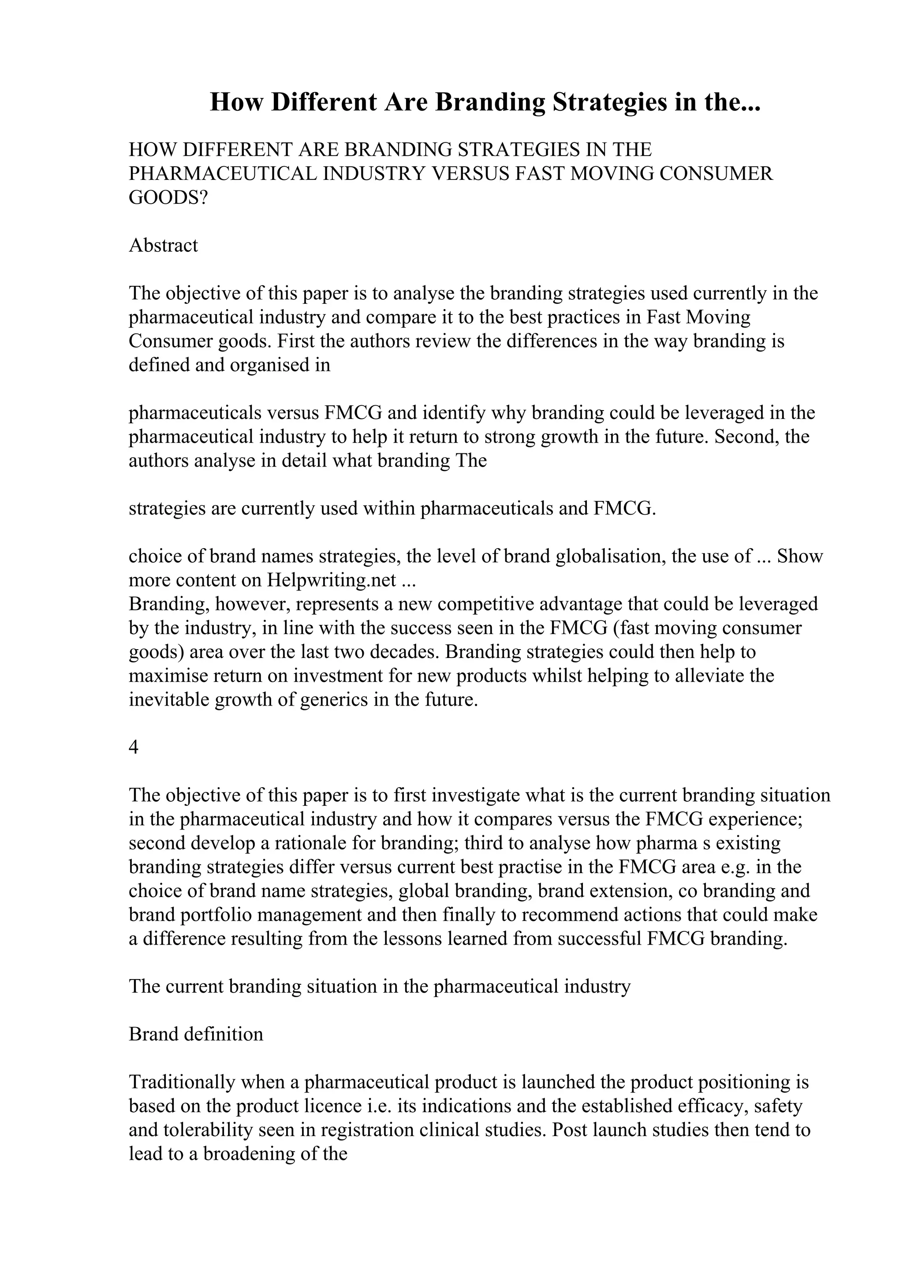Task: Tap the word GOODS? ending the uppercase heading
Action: click(x=168, y=198)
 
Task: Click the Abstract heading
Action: click(x=163, y=246)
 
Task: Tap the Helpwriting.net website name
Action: click(x=332, y=580)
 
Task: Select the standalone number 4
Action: click(x=134, y=747)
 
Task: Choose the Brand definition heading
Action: click(x=196, y=1034)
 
